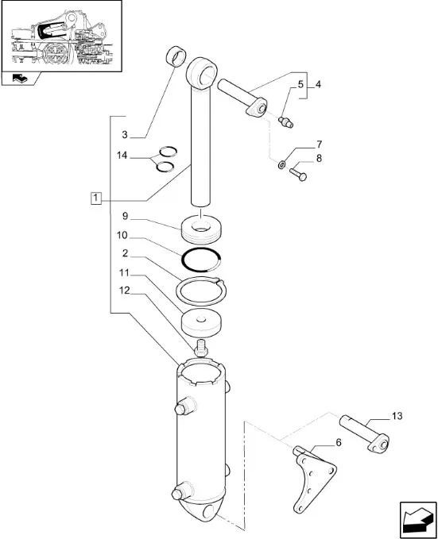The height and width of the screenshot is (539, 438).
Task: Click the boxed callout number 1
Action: (96, 198)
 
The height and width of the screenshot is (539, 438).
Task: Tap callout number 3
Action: (125, 135)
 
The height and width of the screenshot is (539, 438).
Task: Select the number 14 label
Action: (122, 156)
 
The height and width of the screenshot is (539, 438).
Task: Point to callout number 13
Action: (397, 416)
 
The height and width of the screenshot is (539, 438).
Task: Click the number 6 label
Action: (339, 443)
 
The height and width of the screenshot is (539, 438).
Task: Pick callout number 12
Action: (124, 291)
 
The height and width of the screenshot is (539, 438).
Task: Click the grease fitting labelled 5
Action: (286, 122)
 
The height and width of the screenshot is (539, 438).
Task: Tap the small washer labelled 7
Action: (281, 164)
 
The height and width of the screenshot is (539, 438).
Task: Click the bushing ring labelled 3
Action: (176, 56)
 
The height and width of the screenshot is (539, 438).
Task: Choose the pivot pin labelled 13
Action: (365, 433)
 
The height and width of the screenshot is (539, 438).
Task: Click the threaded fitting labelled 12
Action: (201, 348)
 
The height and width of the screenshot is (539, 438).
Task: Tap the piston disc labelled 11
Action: (201, 324)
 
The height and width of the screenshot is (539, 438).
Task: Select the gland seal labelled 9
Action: (201, 229)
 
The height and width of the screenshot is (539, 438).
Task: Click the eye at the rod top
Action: (202, 73)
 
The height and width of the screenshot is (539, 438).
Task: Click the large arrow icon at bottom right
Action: (418, 520)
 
